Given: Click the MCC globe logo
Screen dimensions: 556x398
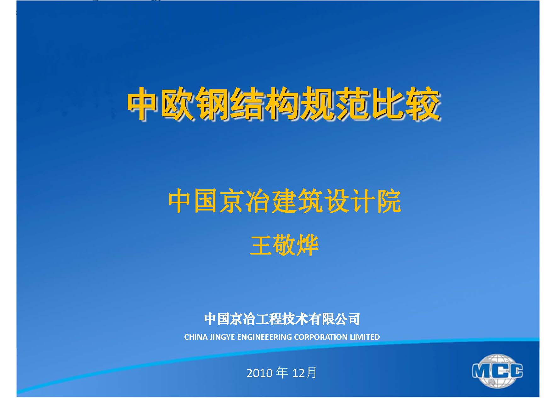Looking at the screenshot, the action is click(497, 371).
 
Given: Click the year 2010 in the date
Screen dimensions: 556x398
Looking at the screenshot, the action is click(259, 373).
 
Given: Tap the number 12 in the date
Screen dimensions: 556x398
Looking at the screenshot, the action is click(298, 373).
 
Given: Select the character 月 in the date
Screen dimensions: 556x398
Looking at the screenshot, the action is click(311, 373).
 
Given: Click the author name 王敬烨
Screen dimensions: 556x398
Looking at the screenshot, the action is click(284, 245).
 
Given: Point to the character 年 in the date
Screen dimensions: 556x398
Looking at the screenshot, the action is click(282, 373).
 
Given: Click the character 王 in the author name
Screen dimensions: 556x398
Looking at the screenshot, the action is click(261, 246).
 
